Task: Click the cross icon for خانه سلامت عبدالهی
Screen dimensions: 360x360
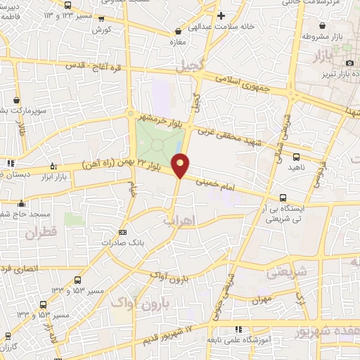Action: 221,15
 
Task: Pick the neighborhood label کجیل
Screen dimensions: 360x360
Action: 209,65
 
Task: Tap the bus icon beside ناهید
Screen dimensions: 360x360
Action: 295,157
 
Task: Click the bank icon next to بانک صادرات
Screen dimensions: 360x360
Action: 123,232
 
